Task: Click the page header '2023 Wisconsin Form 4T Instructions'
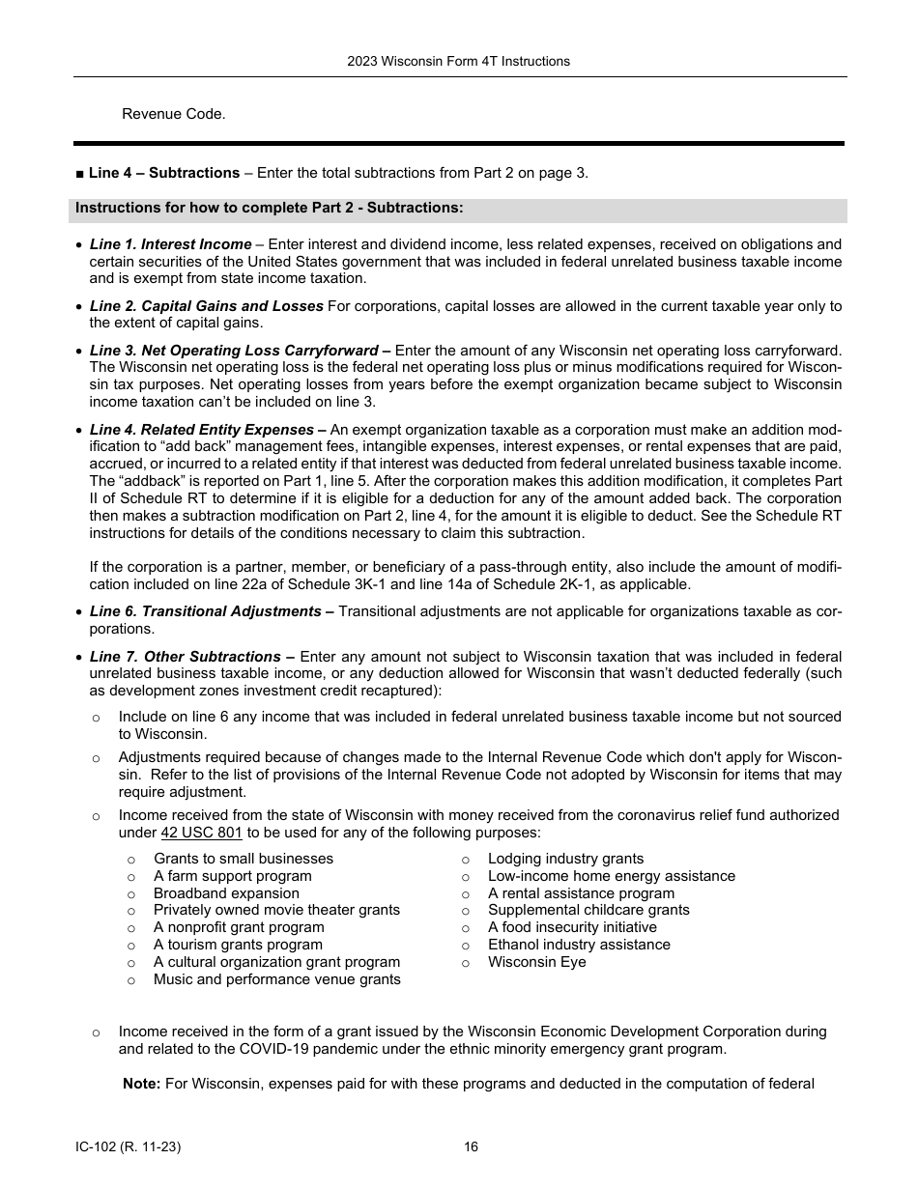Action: [458, 61]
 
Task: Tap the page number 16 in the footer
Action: [471, 1147]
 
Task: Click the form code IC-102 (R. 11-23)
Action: [128, 1147]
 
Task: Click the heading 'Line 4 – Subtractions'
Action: [163, 173]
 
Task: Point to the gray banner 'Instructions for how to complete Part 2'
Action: [269, 208]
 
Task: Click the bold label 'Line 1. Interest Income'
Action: [170, 244]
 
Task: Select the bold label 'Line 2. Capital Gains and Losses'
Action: [206, 306]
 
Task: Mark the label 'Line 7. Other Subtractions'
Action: [192, 657]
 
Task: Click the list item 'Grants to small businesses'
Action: [243, 859]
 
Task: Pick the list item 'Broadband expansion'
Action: [226, 893]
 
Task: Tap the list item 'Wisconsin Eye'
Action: [536, 962]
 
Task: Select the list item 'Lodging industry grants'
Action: [565, 859]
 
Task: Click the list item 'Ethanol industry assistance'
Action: [579, 945]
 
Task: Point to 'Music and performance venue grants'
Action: [276, 979]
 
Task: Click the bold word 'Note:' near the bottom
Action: [141, 1084]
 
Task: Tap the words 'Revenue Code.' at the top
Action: [173, 114]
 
